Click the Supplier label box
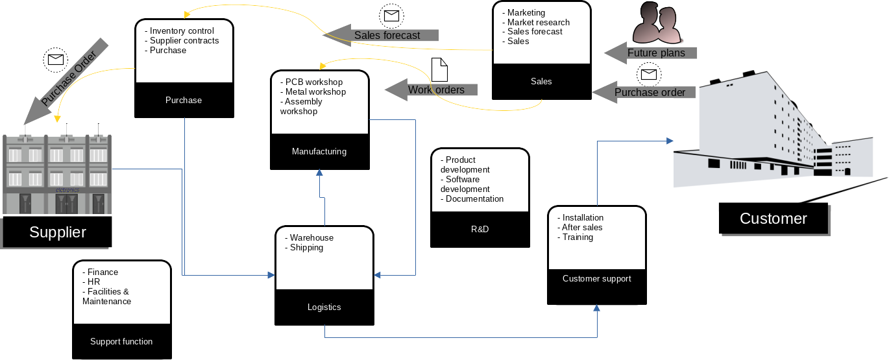click(57, 232)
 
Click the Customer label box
click(773, 219)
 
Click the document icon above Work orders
click(440, 69)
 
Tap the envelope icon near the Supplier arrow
click(55, 60)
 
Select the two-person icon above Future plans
click(657, 22)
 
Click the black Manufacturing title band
click(319, 152)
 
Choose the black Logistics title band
click(324, 307)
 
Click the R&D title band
click(480, 230)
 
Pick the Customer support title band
click(596, 279)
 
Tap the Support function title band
click(121, 342)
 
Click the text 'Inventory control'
click(182, 30)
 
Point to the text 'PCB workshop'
click(313, 82)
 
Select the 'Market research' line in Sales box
click(538, 22)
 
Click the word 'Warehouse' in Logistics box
click(311, 238)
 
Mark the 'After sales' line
click(582, 227)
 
